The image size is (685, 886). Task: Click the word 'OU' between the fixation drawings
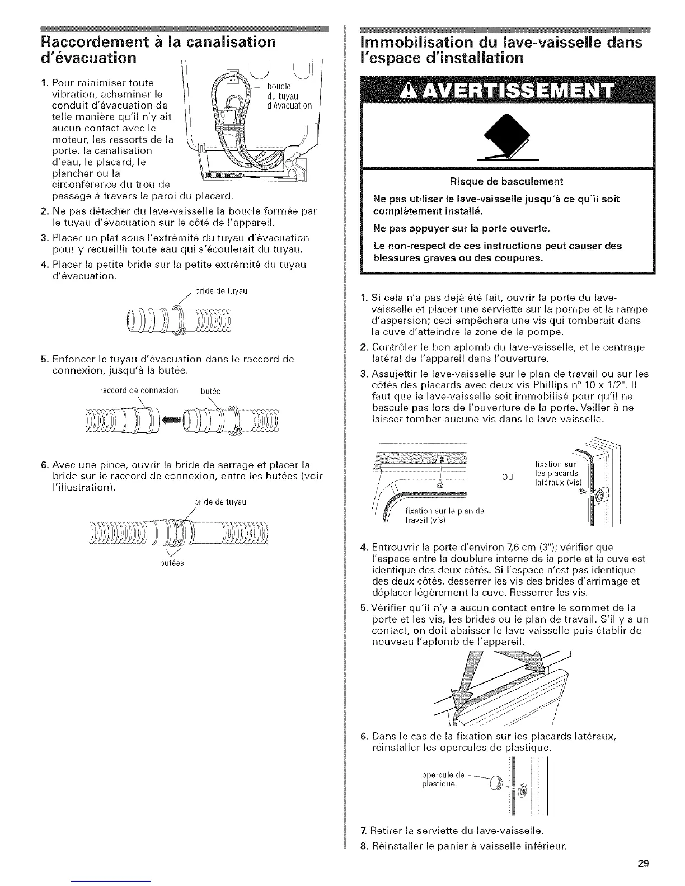508,477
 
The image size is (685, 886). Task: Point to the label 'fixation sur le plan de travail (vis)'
444,515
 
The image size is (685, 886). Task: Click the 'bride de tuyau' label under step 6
220,502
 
